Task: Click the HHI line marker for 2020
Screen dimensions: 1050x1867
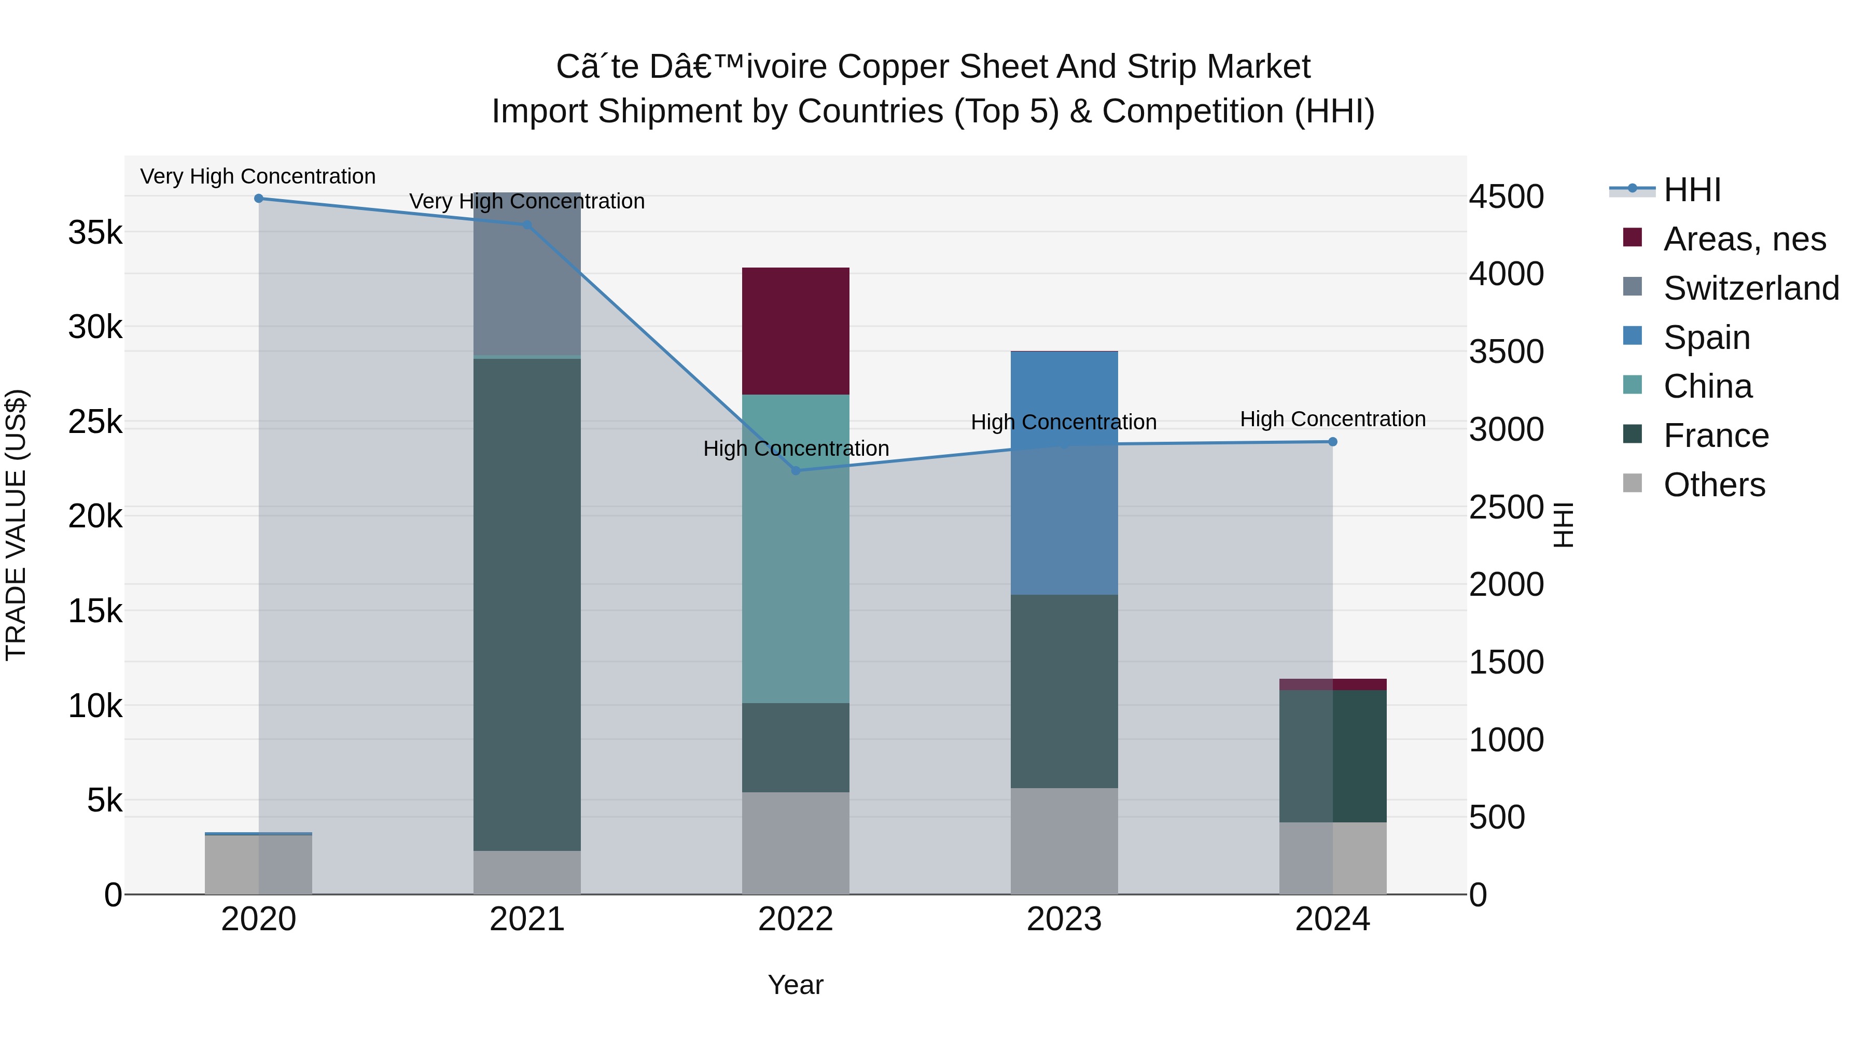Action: pyautogui.click(x=259, y=199)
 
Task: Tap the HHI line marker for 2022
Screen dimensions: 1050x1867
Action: pyautogui.click(x=795, y=470)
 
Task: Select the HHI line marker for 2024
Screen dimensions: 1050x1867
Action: pyautogui.click(x=1332, y=441)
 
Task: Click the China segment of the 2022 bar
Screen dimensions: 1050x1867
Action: pyautogui.click(x=795, y=549)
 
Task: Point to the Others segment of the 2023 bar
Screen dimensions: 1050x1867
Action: pyautogui.click(x=1064, y=841)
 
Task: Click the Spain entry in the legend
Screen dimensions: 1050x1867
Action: pyautogui.click(x=1706, y=338)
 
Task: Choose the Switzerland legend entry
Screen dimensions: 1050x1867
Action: pyautogui.click(x=1751, y=288)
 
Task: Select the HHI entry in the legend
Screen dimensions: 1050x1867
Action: pyautogui.click(x=1692, y=190)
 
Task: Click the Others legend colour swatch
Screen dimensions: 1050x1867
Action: pyautogui.click(x=1632, y=483)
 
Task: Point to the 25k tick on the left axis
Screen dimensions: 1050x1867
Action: pyautogui.click(x=95, y=422)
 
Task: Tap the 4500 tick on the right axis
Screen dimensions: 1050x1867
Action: pyautogui.click(x=1506, y=197)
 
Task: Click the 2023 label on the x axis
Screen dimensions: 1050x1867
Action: pyautogui.click(x=1064, y=919)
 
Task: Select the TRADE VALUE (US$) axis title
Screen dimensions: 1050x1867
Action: pyautogui.click(x=16, y=525)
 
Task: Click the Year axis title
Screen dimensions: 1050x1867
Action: pyautogui.click(x=795, y=985)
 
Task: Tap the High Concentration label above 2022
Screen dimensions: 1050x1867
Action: pyautogui.click(x=796, y=449)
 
